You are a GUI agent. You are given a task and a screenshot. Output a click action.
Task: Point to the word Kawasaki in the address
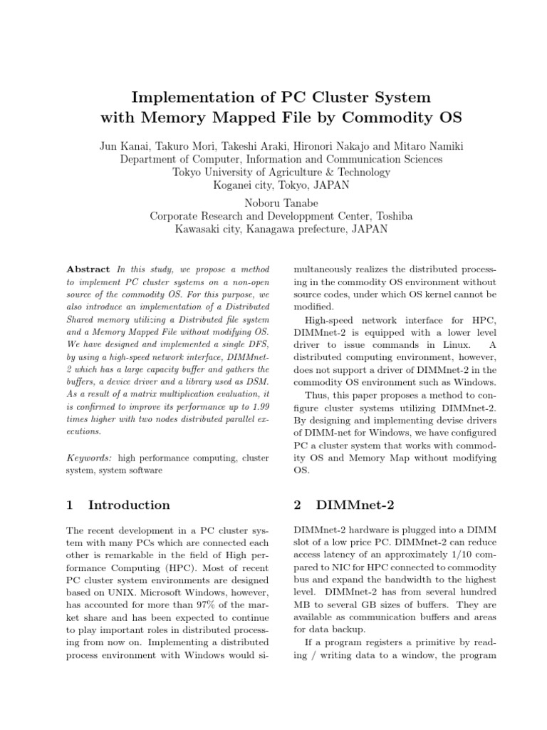(x=199, y=230)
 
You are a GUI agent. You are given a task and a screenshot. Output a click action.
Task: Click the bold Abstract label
(x=88, y=269)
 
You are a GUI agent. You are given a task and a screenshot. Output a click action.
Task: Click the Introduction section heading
(x=129, y=505)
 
